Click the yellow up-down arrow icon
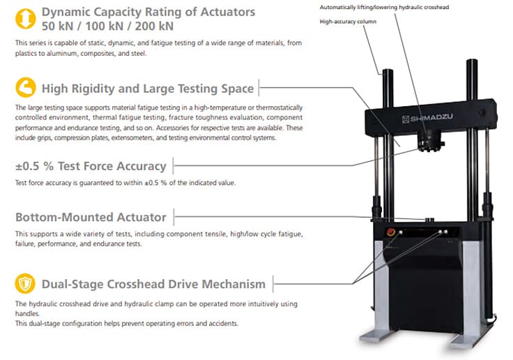(x=26, y=19)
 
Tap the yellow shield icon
(x=25, y=283)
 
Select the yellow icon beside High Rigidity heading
(x=26, y=87)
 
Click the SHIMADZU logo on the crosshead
(x=427, y=118)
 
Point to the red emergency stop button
(x=391, y=232)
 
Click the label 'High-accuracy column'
(x=348, y=22)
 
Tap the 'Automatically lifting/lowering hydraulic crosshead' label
(x=385, y=7)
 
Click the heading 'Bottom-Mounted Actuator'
(x=91, y=217)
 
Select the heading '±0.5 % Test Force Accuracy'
(x=91, y=166)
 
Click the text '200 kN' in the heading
(x=154, y=27)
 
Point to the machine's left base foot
(x=376, y=336)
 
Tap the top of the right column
(x=472, y=61)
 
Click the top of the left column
(x=388, y=70)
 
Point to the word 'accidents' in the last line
(x=224, y=324)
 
